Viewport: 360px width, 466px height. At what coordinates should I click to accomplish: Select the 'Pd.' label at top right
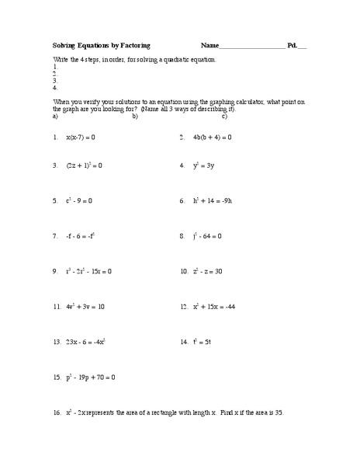click(292, 46)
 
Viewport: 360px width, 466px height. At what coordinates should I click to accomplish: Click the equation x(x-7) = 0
click(81, 137)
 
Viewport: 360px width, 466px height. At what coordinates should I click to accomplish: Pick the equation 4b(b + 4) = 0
click(211, 137)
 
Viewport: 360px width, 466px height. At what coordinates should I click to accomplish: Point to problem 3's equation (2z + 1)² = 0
click(84, 165)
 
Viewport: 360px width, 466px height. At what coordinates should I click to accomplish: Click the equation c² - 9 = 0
click(79, 200)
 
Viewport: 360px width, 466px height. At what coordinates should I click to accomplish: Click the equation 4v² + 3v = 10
click(85, 307)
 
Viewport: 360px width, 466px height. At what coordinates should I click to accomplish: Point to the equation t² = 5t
click(202, 342)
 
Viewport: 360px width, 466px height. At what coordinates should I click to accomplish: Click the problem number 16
click(57, 412)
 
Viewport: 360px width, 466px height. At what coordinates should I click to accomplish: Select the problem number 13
click(57, 342)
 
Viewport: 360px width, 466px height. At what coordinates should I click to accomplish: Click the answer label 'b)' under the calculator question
click(135, 116)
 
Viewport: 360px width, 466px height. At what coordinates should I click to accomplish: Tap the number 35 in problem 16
click(278, 412)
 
